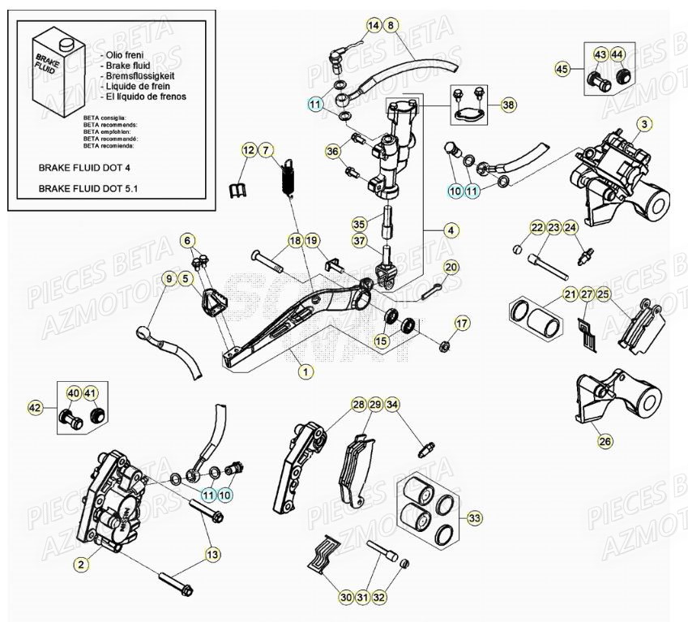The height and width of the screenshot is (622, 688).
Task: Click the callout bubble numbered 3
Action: click(643, 124)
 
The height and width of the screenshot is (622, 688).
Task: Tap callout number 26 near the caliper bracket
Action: click(605, 442)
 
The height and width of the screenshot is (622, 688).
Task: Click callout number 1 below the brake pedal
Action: click(305, 371)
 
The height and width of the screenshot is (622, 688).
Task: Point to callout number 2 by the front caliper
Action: click(80, 562)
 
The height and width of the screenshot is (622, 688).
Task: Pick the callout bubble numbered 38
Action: click(507, 105)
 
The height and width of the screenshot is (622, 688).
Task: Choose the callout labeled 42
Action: click(34, 407)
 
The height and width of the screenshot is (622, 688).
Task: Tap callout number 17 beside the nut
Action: click(461, 324)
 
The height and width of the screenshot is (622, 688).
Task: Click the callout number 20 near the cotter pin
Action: click(451, 267)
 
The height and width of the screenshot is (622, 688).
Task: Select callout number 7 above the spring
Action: click(267, 150)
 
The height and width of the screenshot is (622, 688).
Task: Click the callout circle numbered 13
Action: click(212, 554)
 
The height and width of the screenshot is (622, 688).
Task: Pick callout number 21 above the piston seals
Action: click(570, 294)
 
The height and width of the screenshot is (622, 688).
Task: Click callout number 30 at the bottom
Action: click(347, 598)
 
